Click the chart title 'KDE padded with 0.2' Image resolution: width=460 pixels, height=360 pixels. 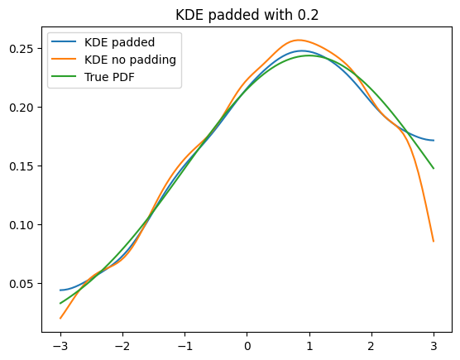tap(247, 15)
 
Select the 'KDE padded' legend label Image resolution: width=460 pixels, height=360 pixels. tap(119, 42)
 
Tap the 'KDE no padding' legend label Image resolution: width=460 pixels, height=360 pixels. tap(130, 60)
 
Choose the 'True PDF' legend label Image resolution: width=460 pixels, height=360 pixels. tap(109, 77)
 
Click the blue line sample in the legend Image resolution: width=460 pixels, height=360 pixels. tap(64, 41)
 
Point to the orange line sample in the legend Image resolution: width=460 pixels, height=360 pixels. tap(64, 59)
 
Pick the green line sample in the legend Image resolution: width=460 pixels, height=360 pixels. tap(64, 76)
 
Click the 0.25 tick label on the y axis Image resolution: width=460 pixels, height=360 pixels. tap(22, 49)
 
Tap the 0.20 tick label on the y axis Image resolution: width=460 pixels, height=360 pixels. tap(22, 108)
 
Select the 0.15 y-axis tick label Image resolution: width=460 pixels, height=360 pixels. tap(22, 166)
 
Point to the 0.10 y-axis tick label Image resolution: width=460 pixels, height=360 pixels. tap(22, 225)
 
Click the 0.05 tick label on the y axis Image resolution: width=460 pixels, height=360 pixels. tap(22, 284)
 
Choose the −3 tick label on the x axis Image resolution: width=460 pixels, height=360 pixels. tap(60, 347)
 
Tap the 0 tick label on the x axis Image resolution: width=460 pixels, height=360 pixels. tap(247, 347)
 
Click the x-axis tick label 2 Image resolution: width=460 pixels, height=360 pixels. tap(371, 347)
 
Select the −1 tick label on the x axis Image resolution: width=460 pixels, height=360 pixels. tap(184, 347)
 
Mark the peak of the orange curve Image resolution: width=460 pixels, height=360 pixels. tap(299, 40)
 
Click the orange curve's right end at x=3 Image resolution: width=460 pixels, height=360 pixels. tap(434, 242)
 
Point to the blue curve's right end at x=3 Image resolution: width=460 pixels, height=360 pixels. tap(434, 140)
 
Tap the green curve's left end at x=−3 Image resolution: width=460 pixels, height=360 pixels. tap(60, 304)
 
